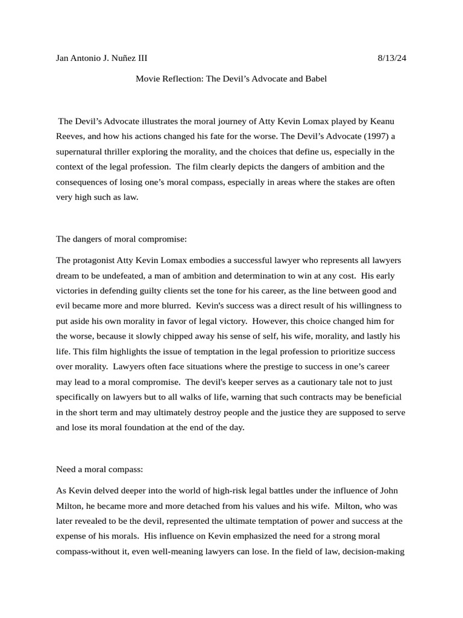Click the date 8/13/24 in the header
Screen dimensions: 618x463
point(392,59)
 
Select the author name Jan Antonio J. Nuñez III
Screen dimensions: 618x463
point(101,59)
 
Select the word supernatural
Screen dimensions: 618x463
point(82,151)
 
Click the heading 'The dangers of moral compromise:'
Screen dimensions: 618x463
point(121,239)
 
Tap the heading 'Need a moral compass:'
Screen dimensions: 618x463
point(99,469)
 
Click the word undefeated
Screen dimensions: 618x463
point(116,275)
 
